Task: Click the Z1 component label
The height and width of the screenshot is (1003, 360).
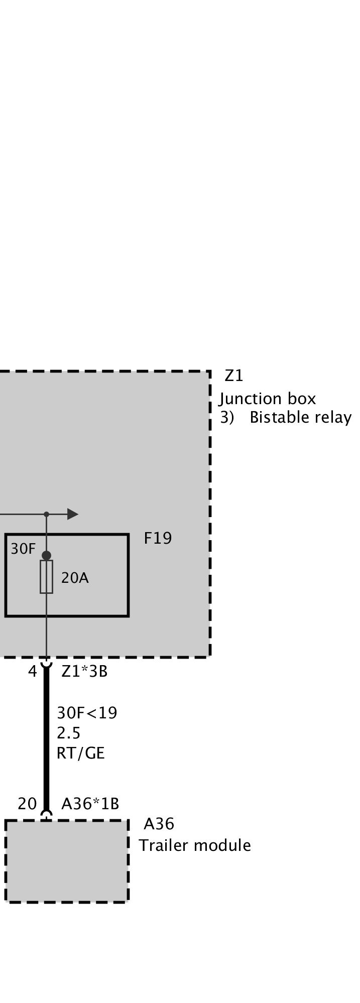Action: click(x=233, y=375)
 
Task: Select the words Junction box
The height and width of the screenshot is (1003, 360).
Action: click(x=268, y=399)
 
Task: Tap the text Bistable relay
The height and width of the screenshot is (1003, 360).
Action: click(x=300, y=418)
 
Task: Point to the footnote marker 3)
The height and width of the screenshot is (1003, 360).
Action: click(x=227, y=418)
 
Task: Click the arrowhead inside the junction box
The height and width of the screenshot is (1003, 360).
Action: click(x=73, y=514)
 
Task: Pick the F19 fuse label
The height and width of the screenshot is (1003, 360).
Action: click(x=158, y=538)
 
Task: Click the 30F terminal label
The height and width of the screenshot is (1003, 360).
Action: click(x=23, y=549)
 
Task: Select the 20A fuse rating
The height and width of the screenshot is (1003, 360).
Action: click(x=75, y=578)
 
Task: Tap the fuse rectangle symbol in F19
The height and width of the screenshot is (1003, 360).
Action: click(x=46, y=577)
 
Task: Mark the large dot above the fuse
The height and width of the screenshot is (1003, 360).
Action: click(x=46, y=555)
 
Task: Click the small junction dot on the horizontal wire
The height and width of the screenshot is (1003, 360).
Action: click(x=46, y=514)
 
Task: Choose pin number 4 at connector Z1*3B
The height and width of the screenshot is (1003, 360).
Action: click(x=33, y=672)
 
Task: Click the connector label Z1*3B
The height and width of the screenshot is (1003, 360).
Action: click(x=84, y=672)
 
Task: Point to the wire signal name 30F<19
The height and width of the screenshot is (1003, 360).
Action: click(x=87, y=713)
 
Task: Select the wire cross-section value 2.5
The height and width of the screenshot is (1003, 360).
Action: click(x=69, y=733)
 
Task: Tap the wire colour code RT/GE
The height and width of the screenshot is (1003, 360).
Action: click(x=81, y=754)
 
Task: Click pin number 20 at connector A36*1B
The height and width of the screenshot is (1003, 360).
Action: click(x=27, y=804)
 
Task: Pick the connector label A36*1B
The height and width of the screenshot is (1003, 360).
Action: click(x=90, y=804)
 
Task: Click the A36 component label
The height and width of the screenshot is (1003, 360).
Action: click(x=159, y=824)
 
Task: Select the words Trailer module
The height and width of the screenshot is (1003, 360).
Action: click(x=195, y=845)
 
